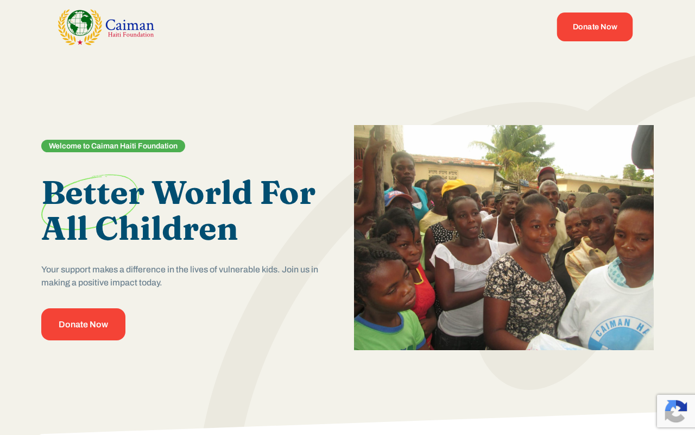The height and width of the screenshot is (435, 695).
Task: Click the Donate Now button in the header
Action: point(595,27)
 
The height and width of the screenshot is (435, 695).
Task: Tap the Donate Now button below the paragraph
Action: point(83,324)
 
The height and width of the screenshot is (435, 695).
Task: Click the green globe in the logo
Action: point(80,23)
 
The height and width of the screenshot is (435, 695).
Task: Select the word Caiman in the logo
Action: point(130,25)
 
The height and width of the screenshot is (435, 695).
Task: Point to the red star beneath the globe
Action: point(80,42)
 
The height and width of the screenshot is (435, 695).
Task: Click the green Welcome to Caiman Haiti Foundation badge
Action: point(113,146)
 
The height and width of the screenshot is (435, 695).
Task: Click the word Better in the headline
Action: point(93,193)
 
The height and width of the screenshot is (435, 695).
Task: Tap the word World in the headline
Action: point(201,192)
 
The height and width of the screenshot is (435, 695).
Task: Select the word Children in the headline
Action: point(166,228)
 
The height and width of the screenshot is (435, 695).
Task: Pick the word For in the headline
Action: point(288,193)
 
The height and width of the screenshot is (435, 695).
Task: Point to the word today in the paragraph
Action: point(150,283)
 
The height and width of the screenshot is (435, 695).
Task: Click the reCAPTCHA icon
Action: point(676,411)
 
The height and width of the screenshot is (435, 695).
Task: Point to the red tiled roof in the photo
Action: point(454,160)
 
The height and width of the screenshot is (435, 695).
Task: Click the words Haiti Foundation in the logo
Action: point(131,35)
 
